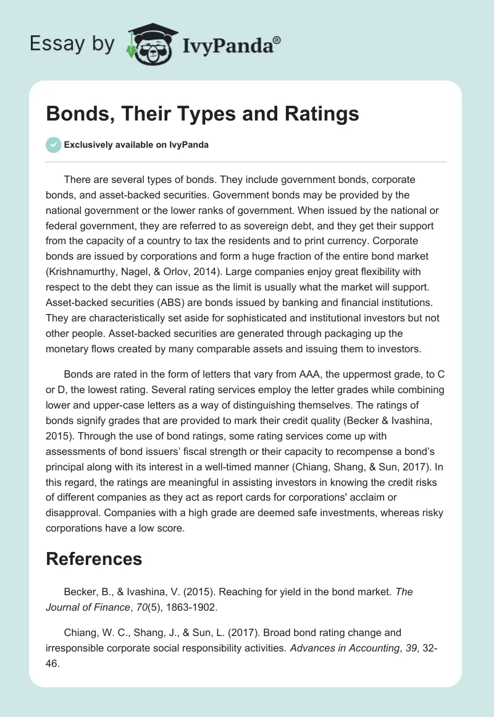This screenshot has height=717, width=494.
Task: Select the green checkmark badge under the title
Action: click(x=53, y=145)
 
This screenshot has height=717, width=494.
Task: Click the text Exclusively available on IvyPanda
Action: click(x=136, y=145)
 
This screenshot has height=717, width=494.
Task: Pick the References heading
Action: click(x=94, y=559)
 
